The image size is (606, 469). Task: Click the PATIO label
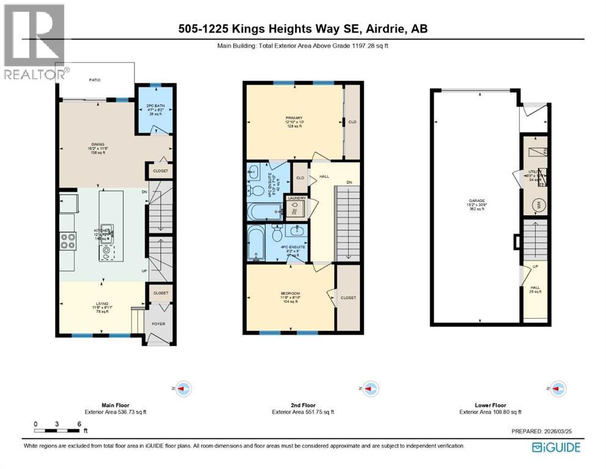(x=95, y=79)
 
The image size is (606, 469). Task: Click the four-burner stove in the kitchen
(x=67, y=241)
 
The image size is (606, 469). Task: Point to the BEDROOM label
(x=290, y=294)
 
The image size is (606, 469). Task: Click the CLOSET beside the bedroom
(x=348, y=297)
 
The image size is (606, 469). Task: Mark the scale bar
(x=57, y=431)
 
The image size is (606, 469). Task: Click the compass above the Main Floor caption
(x=183, y=387)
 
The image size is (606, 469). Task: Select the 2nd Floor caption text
(x=303, y=405)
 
